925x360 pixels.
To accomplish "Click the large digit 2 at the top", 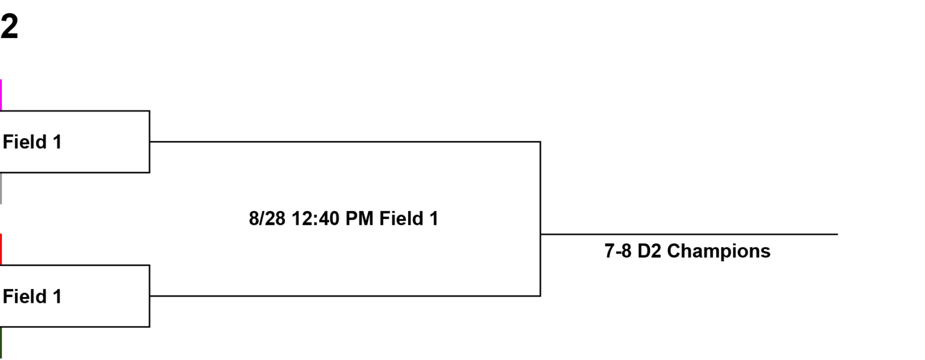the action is pos(9,26).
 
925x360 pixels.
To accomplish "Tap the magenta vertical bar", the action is pos(1,95).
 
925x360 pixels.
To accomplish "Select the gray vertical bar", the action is pos(1,188).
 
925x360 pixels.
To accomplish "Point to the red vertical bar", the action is pos(1,249).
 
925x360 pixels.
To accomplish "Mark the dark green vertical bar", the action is pos(1,343).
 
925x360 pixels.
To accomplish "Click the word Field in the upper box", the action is pos(25,142).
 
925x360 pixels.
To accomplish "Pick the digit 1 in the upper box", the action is pos(57,142).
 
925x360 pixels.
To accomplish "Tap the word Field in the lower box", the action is pos(25,296).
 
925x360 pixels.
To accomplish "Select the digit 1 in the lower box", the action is pos(57,296).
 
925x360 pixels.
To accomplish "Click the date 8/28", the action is pos(267,218).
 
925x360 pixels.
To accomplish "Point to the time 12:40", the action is pos(316,218).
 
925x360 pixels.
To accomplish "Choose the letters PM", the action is pos(359,218).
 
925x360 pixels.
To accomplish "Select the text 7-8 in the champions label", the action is pos(618,251).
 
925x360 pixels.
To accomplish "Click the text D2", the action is pos(649,251).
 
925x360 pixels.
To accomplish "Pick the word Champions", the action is pos(719,251).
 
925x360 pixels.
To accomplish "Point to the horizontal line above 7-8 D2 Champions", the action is pos(689,235).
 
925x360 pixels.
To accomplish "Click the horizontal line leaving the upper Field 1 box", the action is pos(345,142).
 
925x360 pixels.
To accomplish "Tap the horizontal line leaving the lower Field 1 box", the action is pos(345,296).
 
